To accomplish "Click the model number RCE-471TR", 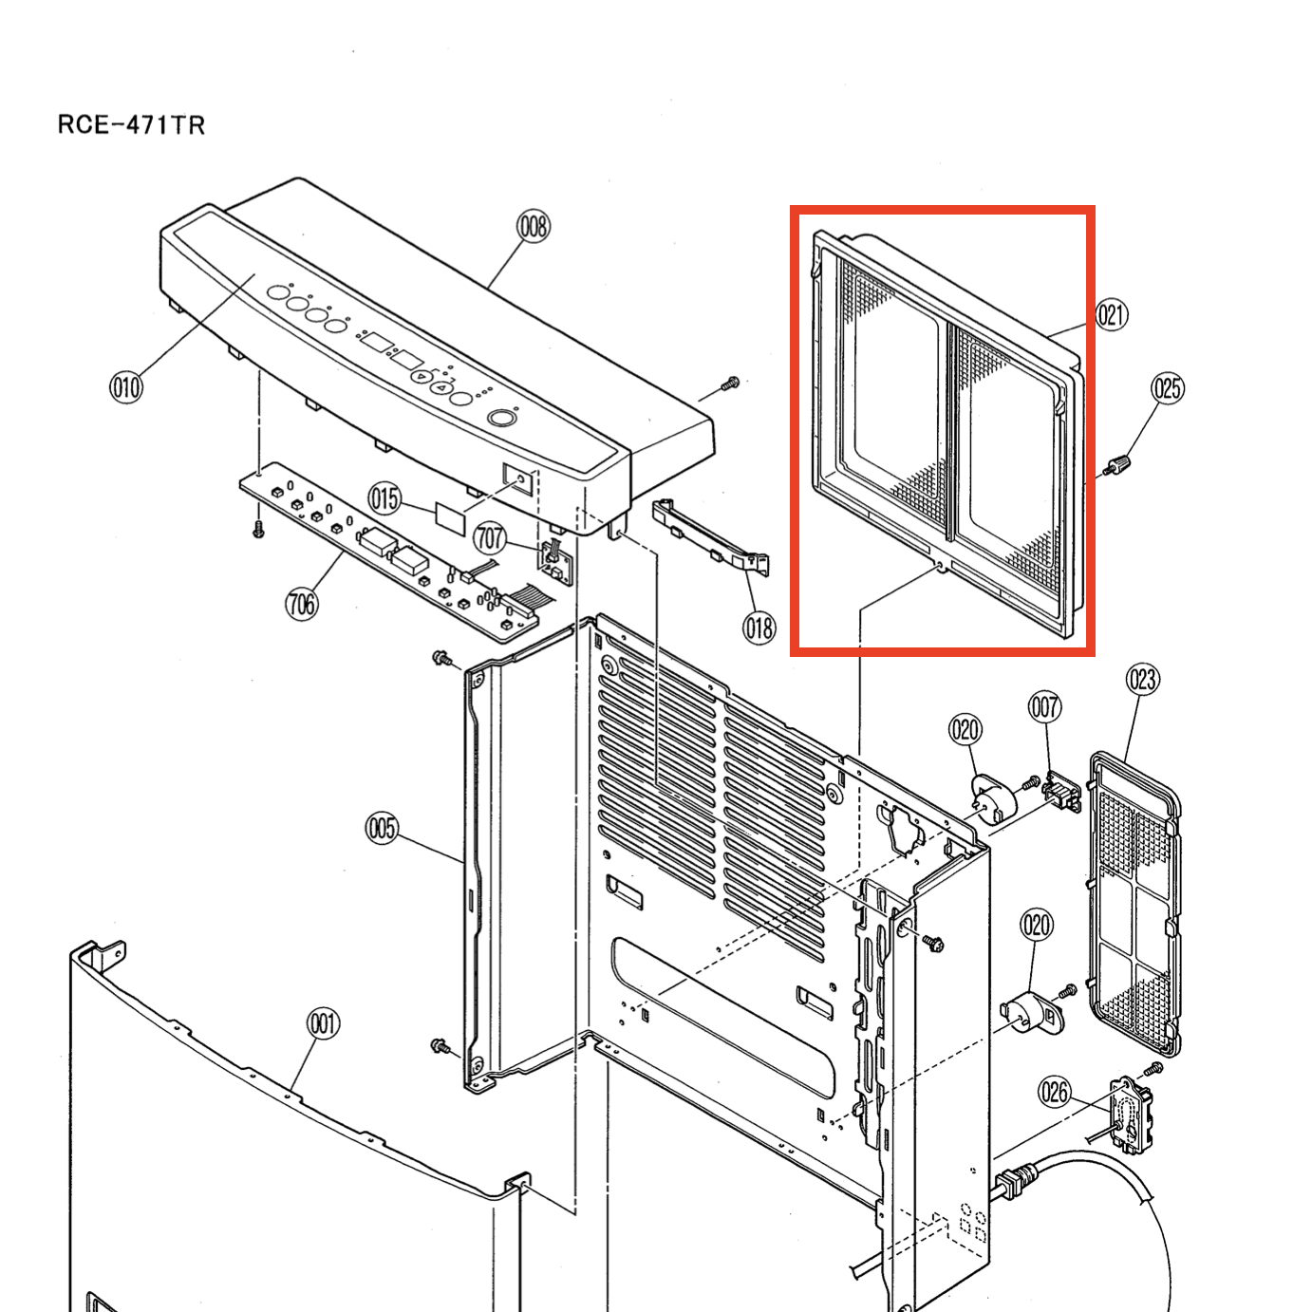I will [x=131, y=124].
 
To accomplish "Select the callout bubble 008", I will [x=534, y=227].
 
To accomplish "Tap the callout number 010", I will [x=125, y=386].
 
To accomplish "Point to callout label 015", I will [x=385, y=498].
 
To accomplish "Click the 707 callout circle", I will [x=490, y=538].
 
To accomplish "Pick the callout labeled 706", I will [x=302, y=603].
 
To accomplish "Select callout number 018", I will [x=759, y=628].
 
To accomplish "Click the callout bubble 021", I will [x=1112, y=314].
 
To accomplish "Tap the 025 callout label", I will [x=1168, y=388].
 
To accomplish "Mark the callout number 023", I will [x=1143, y=680].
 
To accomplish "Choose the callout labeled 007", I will [x=1045, y=707].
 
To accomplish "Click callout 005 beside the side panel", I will [x=382, y=829].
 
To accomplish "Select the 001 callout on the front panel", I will [x=324, y=1023].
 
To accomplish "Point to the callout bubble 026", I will [x=1055, y=1092].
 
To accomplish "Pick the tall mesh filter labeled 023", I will [x=1135, y=902].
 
